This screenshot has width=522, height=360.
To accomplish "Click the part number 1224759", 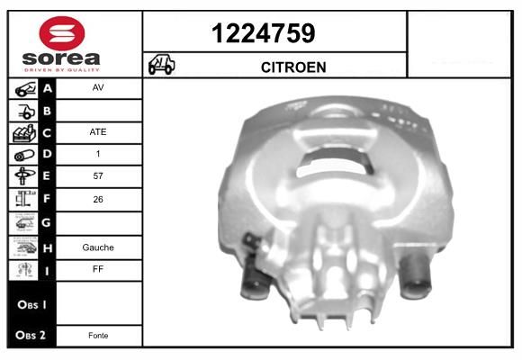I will click(x=263, y=34).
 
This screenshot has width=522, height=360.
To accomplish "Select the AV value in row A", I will click(x=97, y=89).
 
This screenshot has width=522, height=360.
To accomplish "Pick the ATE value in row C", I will click(x=97, y=132).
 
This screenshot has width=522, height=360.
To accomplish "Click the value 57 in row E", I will click(x=97, y=176).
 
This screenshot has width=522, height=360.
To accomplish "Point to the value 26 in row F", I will click(x=97, y=199).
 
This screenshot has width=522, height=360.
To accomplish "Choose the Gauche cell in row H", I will click(x=97, y=247).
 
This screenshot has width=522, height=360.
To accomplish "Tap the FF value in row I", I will click(x=97, y=268).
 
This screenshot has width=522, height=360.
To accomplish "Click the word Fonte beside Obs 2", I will click(x=97, y=336).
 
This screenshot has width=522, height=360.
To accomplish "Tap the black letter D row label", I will click(x=48, y=155).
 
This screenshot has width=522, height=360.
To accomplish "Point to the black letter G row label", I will click(x=48, y=221).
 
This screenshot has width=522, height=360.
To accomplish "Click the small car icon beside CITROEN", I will click(x=162, y=66).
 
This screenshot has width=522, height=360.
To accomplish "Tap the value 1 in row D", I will click(x=97, y=155).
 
